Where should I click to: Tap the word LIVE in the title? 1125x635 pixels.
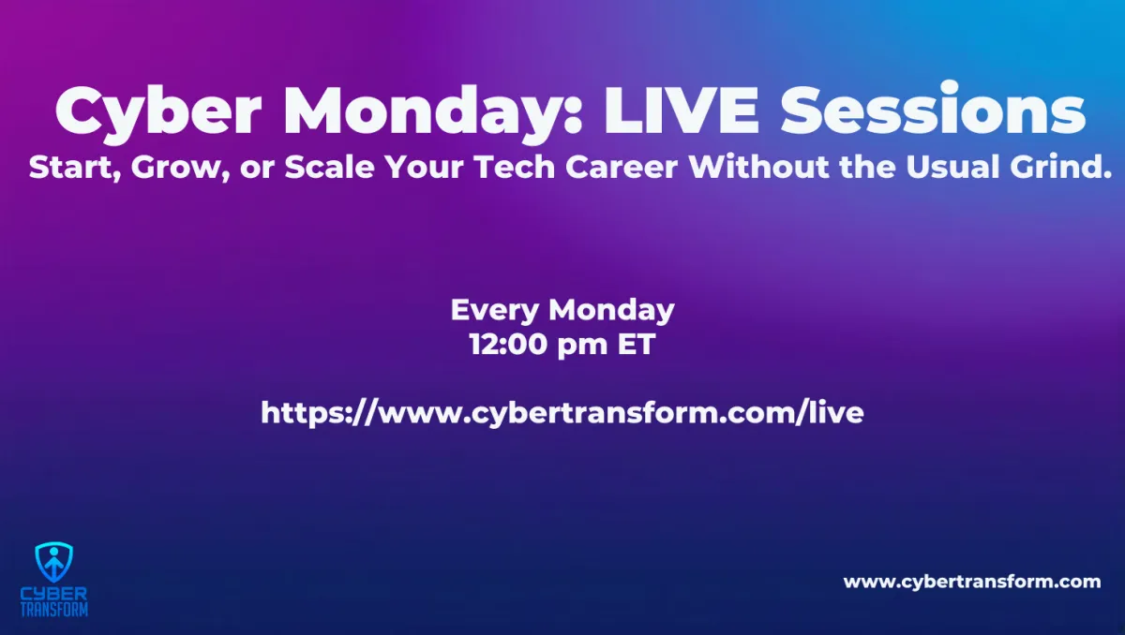(682, 110)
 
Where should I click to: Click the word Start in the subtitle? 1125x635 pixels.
(75, 168)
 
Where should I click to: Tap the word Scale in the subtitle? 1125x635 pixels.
(329, 167)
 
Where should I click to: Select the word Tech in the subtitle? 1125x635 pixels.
(515, 167)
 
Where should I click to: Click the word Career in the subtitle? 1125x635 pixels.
(622, 167)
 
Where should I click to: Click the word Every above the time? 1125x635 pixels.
(495, 311)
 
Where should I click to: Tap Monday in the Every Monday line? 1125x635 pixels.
(611, 311)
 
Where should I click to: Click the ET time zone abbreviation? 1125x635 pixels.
(637, 345)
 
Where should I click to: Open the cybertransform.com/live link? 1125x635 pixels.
(562, 413)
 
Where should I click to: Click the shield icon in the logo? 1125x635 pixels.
(54, 562)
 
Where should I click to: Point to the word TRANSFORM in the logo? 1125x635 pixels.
(54, 610)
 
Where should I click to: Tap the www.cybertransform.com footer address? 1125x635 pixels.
(972, 582)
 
